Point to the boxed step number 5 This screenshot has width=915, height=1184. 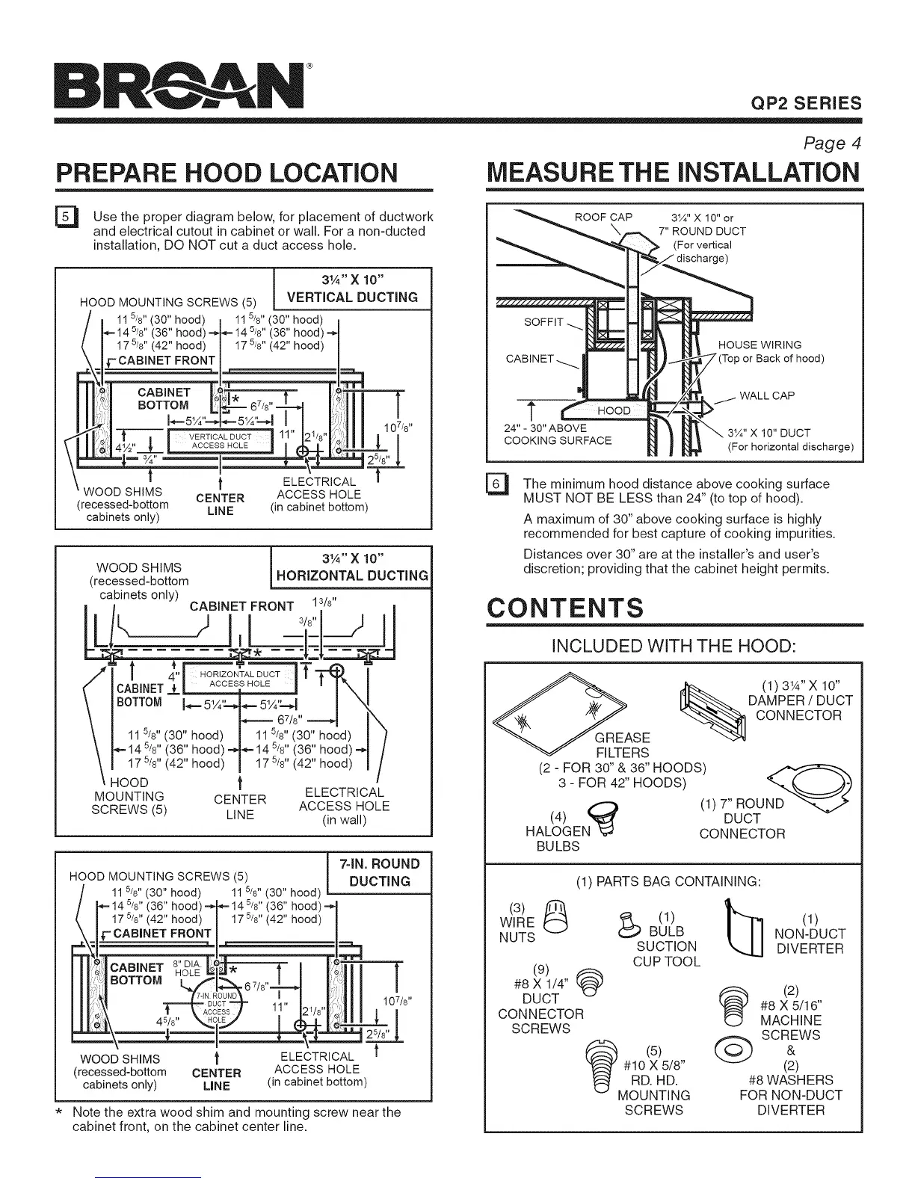[x=66, y=218]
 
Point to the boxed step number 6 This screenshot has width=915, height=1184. [x=496, y=484]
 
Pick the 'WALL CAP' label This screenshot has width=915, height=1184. [x=766, y=395]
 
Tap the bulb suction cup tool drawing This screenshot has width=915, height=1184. [x=629, y=924]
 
